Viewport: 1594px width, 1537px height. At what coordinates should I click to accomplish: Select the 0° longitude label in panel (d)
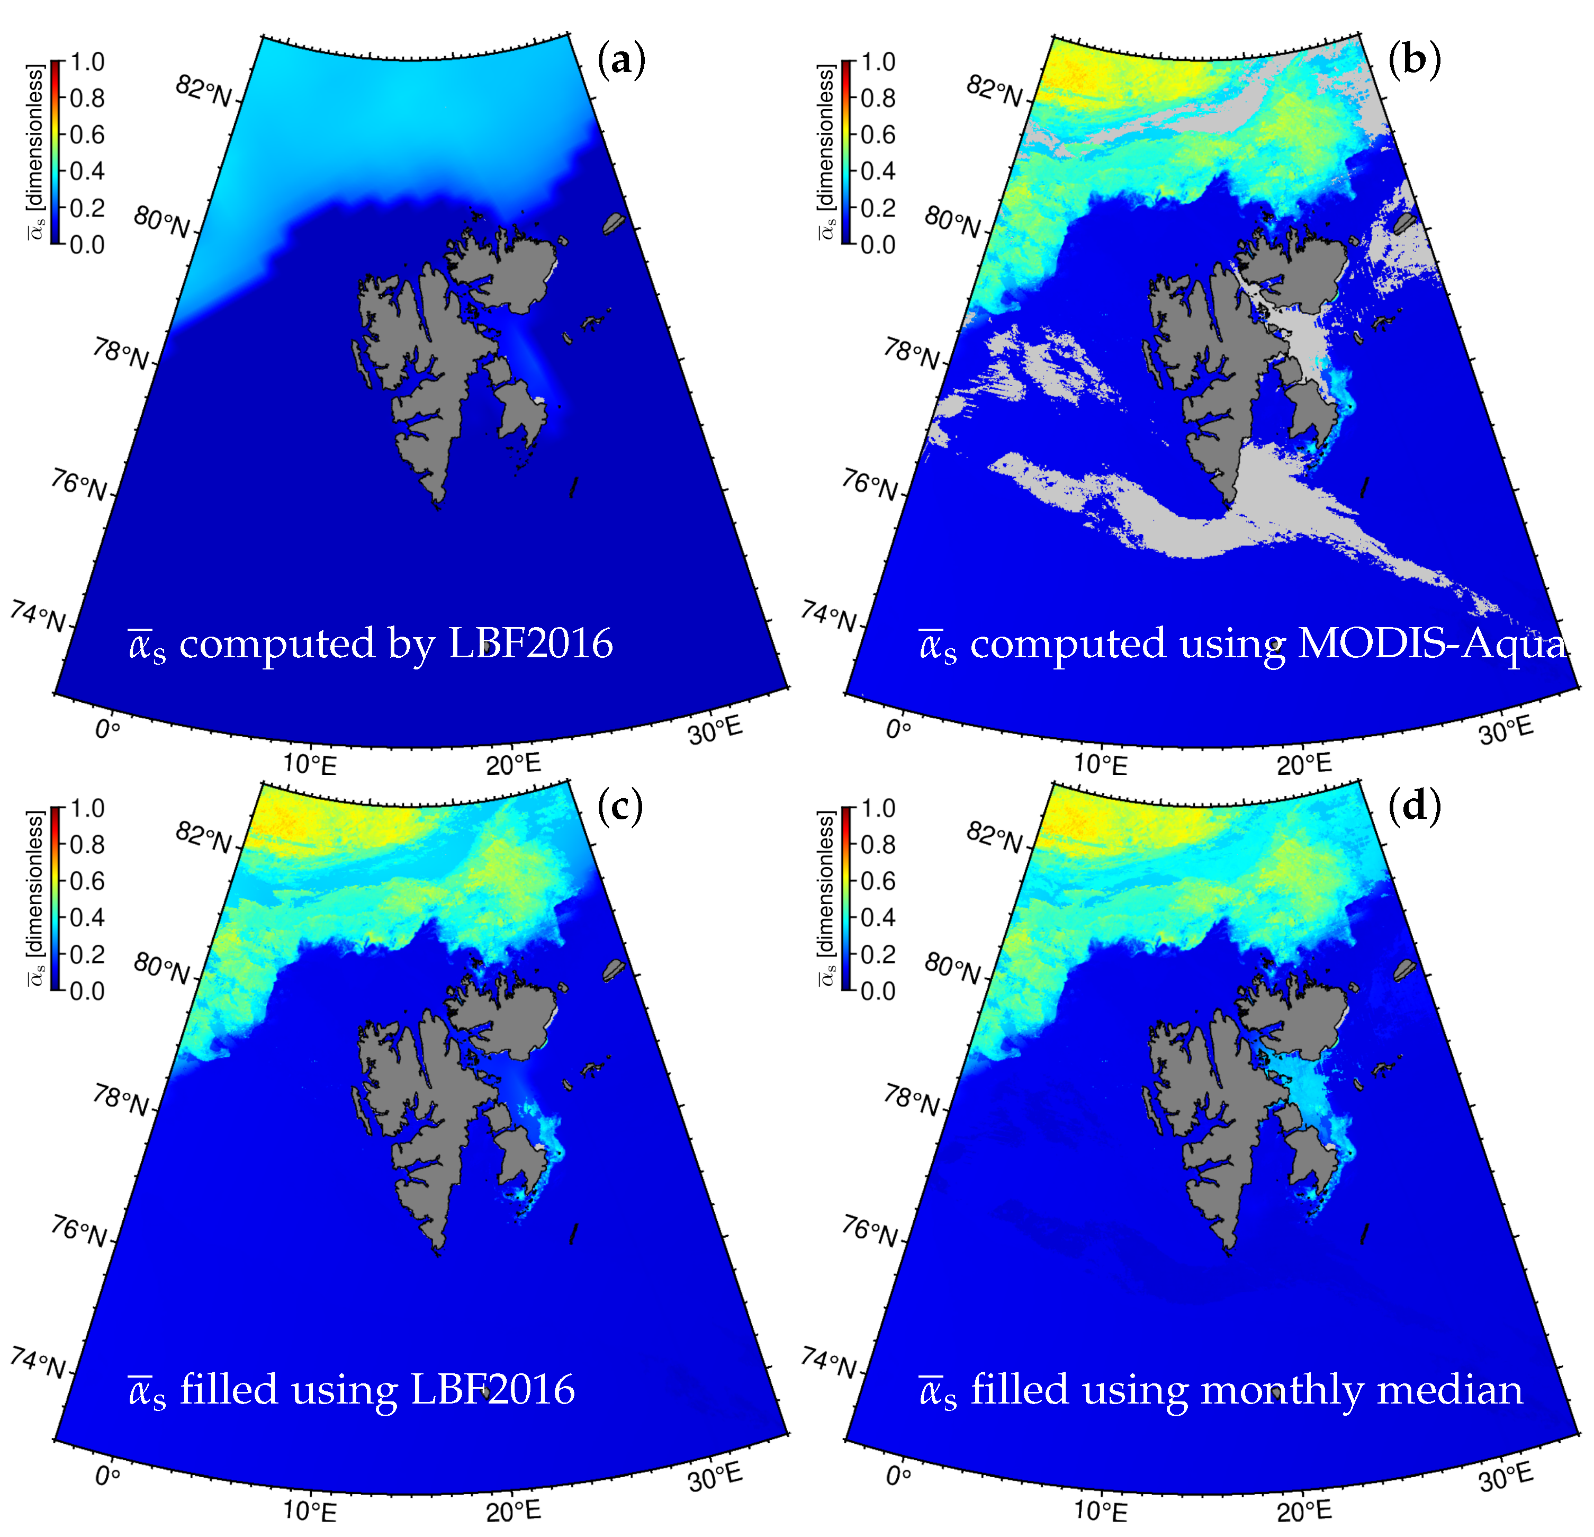898,1475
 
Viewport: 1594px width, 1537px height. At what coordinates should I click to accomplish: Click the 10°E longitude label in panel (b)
1101,763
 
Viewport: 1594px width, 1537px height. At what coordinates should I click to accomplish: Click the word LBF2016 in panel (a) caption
530,644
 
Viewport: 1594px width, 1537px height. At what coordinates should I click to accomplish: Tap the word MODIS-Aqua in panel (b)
1431,644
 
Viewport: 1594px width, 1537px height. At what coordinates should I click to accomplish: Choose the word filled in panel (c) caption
229,1390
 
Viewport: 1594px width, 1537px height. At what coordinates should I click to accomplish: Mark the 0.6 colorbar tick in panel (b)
878,134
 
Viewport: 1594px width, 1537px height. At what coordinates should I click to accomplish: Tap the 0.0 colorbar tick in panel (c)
87,991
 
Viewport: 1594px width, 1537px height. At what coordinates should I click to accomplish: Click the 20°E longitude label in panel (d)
1304,1510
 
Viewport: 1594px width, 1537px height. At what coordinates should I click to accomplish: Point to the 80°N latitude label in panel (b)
951,221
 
